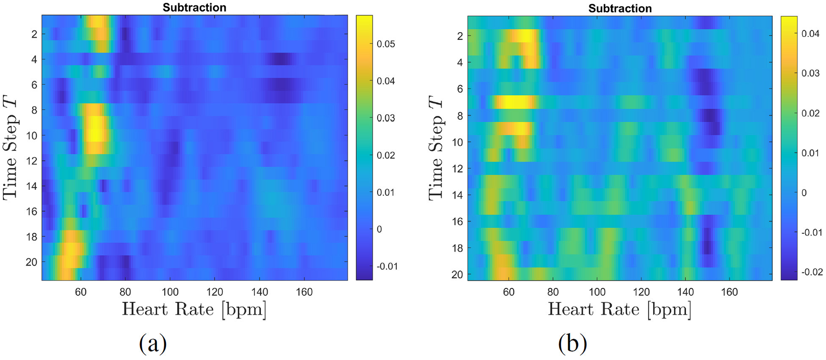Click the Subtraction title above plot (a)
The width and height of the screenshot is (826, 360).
tap(194, 7)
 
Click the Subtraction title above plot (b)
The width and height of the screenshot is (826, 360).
tap(620, 8)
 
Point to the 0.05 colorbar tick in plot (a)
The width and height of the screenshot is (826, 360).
tap(385, 44)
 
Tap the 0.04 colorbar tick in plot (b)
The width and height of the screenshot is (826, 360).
tap(811, 34)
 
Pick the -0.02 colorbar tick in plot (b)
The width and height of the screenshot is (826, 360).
tap(812, 272)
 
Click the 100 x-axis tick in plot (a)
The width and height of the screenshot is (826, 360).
tap(170, 292)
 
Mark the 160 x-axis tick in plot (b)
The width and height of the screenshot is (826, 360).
tap(730, 292)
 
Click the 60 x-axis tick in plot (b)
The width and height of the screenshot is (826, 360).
tap(509, 292)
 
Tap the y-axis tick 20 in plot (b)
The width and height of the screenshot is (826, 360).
tap(458, 274)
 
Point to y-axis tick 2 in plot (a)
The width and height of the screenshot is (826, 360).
tap(35, 34)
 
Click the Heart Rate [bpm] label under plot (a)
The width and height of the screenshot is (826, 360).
tap(194, 310)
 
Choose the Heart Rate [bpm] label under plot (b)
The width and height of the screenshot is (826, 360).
tap(619, 310)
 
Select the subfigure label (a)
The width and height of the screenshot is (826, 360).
tap(153, 344)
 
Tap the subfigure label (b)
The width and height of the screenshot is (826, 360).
tap(572, 344)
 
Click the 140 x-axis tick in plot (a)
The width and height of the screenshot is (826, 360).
tap(260, 292)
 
